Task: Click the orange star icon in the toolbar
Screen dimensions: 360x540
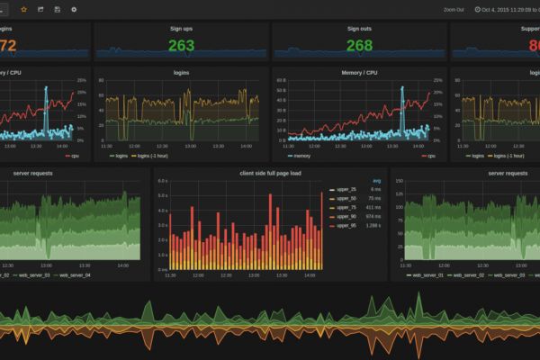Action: point(24,9)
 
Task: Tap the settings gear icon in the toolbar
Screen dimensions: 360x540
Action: point(74,9)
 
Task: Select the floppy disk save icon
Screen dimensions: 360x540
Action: point(58,9)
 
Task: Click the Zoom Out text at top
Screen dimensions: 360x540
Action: point(454,9)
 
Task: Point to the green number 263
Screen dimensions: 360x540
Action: point(181,46)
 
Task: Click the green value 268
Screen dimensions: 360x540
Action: point(359,46)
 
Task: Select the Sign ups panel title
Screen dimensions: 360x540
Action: point(181,28)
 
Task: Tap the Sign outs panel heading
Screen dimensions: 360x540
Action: point(359,28)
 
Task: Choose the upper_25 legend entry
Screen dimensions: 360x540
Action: point(346,190)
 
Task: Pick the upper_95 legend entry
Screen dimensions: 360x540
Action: point(346,224)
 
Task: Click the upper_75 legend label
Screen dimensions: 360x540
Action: point(346,207)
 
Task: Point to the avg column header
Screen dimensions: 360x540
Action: point(376,181)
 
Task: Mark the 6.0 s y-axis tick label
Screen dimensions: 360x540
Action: point(162,181)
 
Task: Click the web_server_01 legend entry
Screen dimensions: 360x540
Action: point(422,274)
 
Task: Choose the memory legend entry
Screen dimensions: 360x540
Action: point(303,155)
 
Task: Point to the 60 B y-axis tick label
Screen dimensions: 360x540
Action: point(280,79)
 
